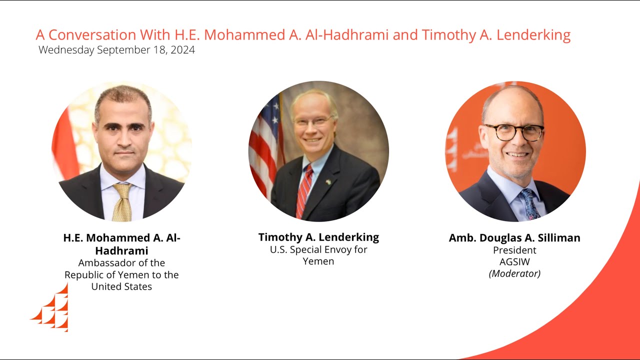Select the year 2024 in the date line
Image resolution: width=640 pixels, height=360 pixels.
pyautogui.click(x=182, y=50)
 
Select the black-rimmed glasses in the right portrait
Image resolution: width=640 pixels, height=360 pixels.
pyautogui.click(x=513, y=132)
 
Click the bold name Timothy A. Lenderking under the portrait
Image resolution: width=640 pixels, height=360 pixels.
pyautogui.click(x=318, y=237)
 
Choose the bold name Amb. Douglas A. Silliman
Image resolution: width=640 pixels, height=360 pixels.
pyautogui.click(x=514, y=238)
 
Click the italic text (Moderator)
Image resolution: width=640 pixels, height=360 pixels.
pyautogui.click(x=514, y=273)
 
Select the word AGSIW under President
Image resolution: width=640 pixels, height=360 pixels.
pyautogui.click(x=514, y=261)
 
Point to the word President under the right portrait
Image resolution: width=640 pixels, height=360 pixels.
pyautogui.click(x=514, y=250)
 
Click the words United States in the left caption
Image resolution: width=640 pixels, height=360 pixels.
pyautogui.click(x=121, y=286)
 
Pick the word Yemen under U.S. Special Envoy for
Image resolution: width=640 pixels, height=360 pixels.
pyautogui.click(x=318, y=261)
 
